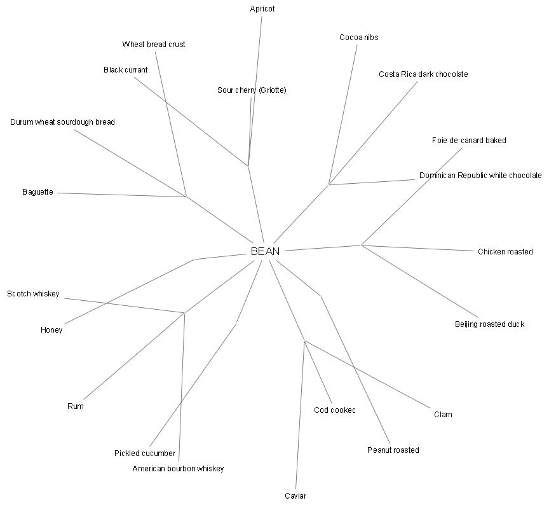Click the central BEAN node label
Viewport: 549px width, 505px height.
tap(265, 251)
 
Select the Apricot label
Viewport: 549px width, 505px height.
tap(262, 9)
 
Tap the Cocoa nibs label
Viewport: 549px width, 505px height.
tap(358, 38)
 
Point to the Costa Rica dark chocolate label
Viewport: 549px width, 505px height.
tap(423, 74)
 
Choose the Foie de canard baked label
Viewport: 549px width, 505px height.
tap(469, 141)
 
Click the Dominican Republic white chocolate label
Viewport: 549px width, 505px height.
tap(480, 176)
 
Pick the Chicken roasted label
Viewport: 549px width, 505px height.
tap(505, 252)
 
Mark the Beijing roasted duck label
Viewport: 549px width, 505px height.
tap(489, 324)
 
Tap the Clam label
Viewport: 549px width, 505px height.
tap(443, 415)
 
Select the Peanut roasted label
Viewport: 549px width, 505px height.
tap(393, 450)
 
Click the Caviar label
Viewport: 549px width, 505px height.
tap(295, 496)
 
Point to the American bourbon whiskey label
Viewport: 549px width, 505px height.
tap(178, 469)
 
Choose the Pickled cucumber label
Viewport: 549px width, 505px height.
tap(145, 453)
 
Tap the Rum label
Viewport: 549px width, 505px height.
tap(76, 406)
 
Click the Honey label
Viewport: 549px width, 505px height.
tap(51, 330)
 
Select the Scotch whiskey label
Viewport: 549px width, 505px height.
tap(33, 294)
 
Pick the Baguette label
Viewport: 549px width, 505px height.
tap(37, 192)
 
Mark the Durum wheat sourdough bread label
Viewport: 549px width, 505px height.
tap(62, 122)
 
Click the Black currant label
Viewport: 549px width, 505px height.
tap(125, 70)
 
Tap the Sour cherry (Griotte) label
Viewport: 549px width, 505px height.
tap(252, 90)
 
